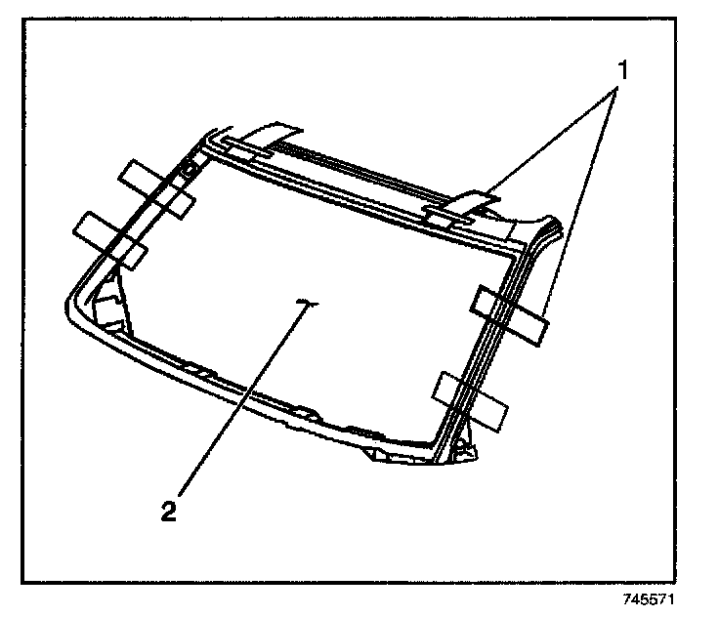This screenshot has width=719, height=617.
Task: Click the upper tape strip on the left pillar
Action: (156, 187)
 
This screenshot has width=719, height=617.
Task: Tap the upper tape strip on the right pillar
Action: (509, 315)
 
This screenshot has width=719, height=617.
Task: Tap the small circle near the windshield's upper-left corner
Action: (190, 173)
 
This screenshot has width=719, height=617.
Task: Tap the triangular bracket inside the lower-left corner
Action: (109, 303)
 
